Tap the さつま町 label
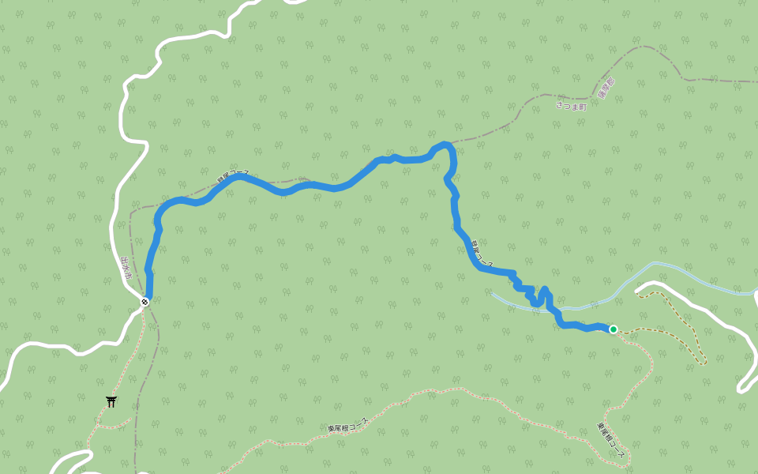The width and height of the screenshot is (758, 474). coord(571,106)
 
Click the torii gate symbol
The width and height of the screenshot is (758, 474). coord(111,401)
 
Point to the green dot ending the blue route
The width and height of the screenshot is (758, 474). coord(613,329)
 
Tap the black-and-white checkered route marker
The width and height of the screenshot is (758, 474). coord(145,301)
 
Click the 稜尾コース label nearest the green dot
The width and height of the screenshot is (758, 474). coord(482,253)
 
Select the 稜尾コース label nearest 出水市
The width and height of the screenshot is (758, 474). coord(233,176)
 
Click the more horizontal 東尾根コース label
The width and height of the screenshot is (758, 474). coord(347,425)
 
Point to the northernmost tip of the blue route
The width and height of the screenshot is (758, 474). coord(445,144)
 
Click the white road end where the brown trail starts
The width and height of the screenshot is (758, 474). coord(638,292)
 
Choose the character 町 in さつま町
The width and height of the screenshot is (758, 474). coord(584,107)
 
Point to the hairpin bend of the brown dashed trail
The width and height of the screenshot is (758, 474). coord(703,363)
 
